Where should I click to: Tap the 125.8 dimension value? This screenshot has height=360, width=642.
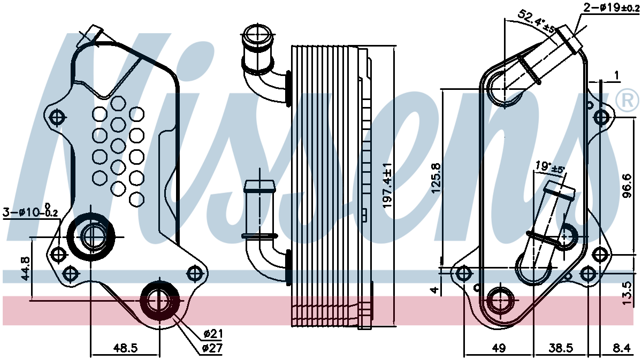click(437, 178)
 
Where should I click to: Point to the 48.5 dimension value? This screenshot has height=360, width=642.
click(126, 348)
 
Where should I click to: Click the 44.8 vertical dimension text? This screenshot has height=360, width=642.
click(25, 269)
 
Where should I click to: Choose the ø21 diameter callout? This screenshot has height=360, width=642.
click(213, 334)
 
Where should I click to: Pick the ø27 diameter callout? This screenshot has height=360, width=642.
click(212, 348)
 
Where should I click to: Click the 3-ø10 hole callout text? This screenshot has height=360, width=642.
click(30, 211)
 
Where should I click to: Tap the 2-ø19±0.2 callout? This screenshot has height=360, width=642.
click(612, 7)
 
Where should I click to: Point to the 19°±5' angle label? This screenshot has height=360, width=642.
click(551, 167)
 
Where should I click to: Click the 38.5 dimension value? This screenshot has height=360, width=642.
click(561, 348)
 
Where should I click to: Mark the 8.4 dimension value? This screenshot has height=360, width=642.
click(621, 348)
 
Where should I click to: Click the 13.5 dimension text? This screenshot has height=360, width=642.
click(628, 294)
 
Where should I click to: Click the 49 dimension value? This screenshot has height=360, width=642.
click(499, 348)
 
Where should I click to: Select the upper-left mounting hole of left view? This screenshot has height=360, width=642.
click(58, 117)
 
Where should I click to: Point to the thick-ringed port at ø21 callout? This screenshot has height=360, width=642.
click(160, 301)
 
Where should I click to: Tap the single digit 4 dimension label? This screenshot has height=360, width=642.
click(435, 290)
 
